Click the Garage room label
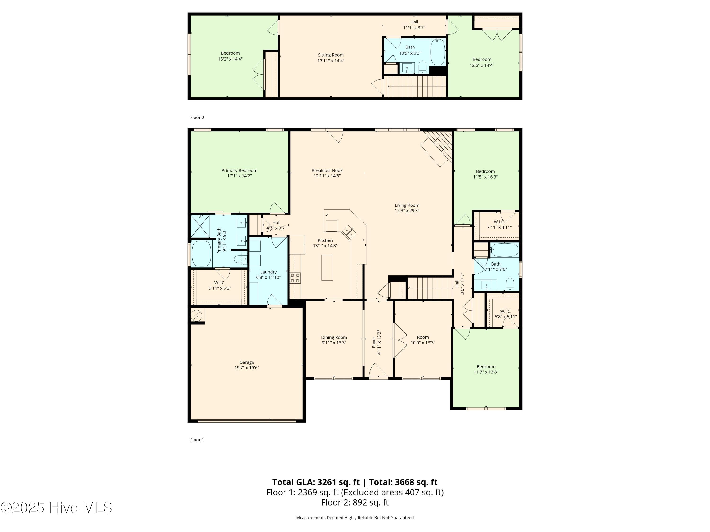pyautogui.click(x=247, y=362)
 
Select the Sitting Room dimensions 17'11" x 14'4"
pyautogui.click(x=331, y=61)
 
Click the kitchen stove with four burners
pyautogui.click(x=295, y=278)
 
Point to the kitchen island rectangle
pyautogui.click(x=327, y=267)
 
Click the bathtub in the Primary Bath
pyautogui.click(x=201, y=253)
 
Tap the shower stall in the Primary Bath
pyautogui.click(x=200, y=226)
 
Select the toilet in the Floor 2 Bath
pyautogui.click(x=422, y=67)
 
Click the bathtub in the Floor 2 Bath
pyautogui.click(x=438, y=52)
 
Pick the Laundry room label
pyautogui.click(x=268, y=272)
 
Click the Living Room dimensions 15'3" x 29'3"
pyautogui.click(x=407, y=211)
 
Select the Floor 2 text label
pyautogui.click(x=197, y=117)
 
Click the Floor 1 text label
pyautogui.click(x=197, y=440)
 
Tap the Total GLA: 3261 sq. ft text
pyautogui.click(x=316, y=482)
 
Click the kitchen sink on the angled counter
pyautogui.click(x=349, y=232)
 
